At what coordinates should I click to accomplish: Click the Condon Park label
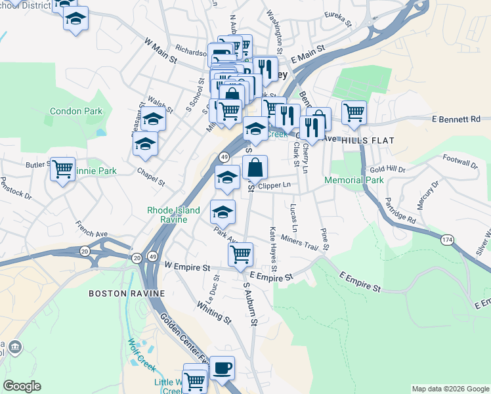pos(76,111)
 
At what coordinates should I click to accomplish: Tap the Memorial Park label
pos(354,180)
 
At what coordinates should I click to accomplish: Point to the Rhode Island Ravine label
pos(175,210)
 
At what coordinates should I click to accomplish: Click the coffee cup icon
pos(222,368)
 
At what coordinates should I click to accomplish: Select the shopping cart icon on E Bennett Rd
pos(354,112)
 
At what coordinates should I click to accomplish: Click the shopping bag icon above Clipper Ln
pos(255,167)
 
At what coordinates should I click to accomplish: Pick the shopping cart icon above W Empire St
pos(242,253)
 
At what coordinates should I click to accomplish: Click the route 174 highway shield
pos(447,240)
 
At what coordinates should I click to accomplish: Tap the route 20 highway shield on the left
pos(85,251)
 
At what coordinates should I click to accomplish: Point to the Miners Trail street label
pos(299,241)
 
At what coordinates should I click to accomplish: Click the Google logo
pos(22,386)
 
